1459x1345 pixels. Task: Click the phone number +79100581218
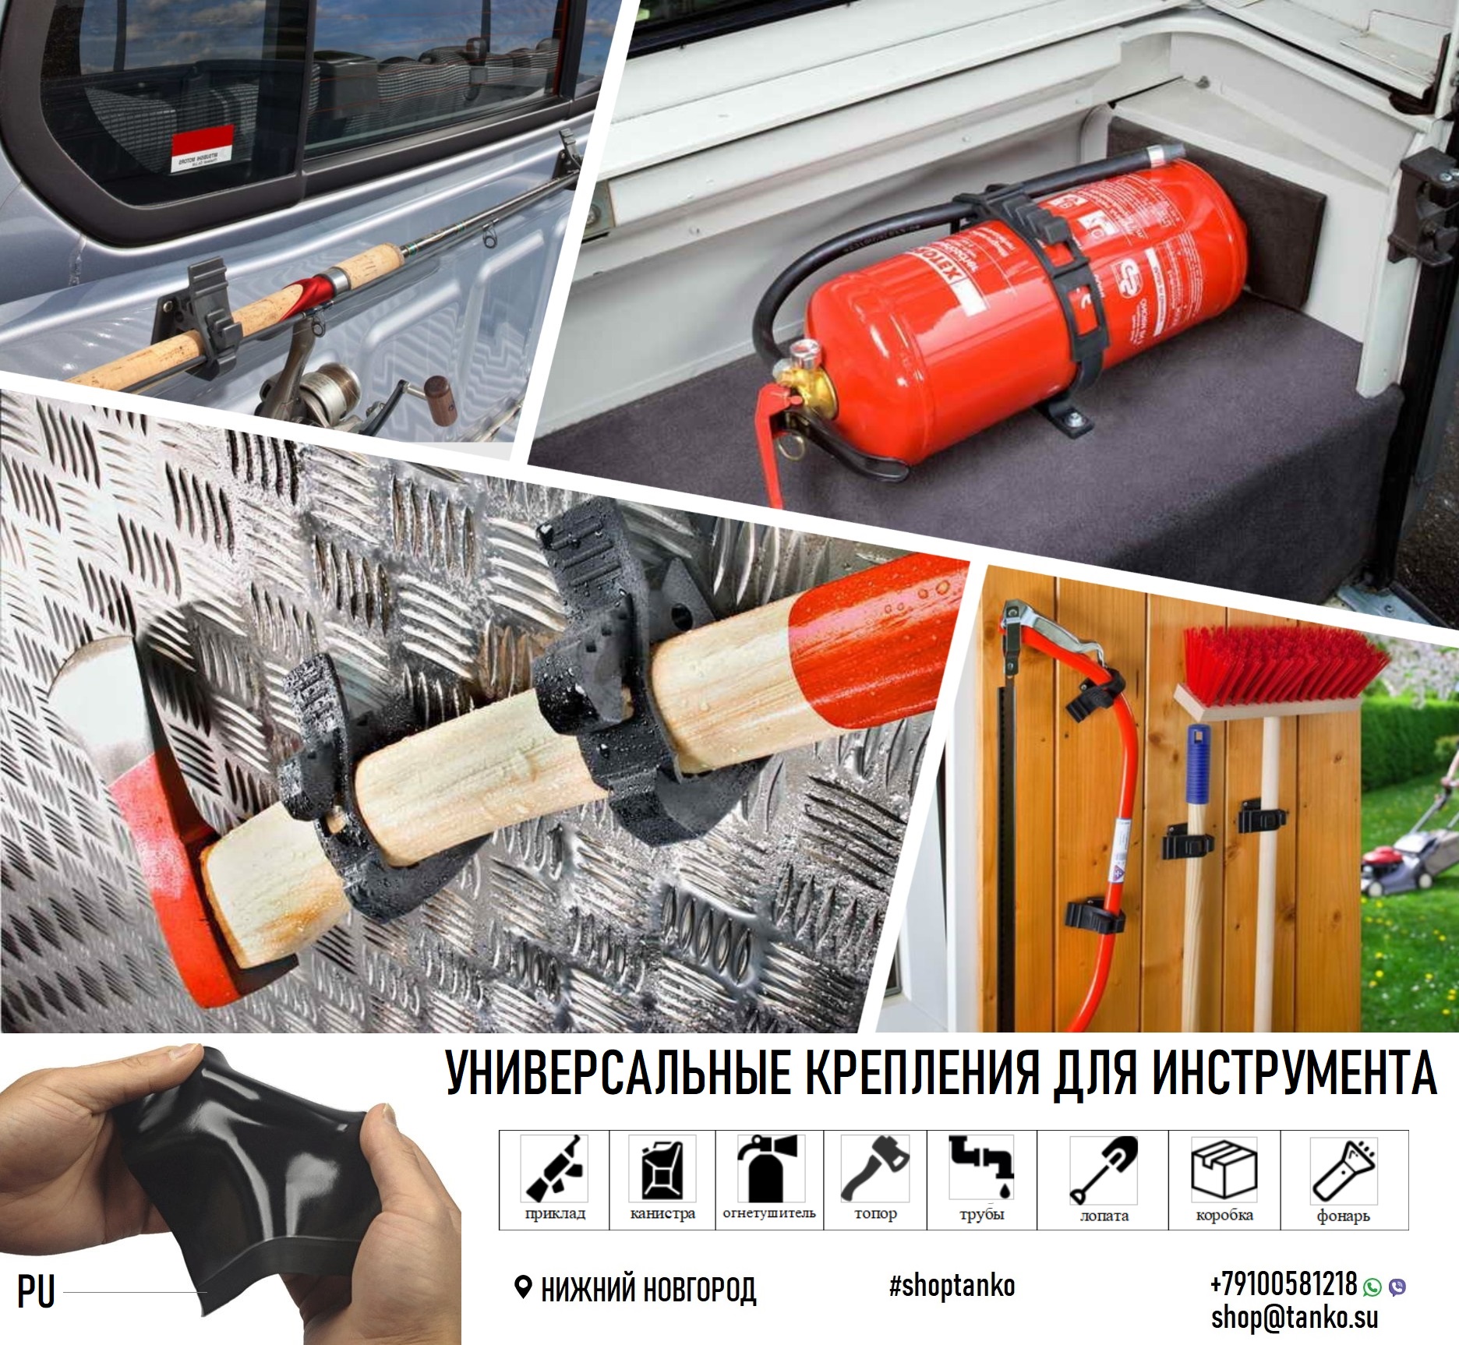[1283, 1283]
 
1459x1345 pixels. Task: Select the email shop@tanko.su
[1294, 1317]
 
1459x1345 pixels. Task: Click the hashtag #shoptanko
[952, 1285]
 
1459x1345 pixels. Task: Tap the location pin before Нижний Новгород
[524, 1287]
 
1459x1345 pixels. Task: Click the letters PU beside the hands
[36, 1292]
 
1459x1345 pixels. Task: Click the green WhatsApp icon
[1372, 1287]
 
